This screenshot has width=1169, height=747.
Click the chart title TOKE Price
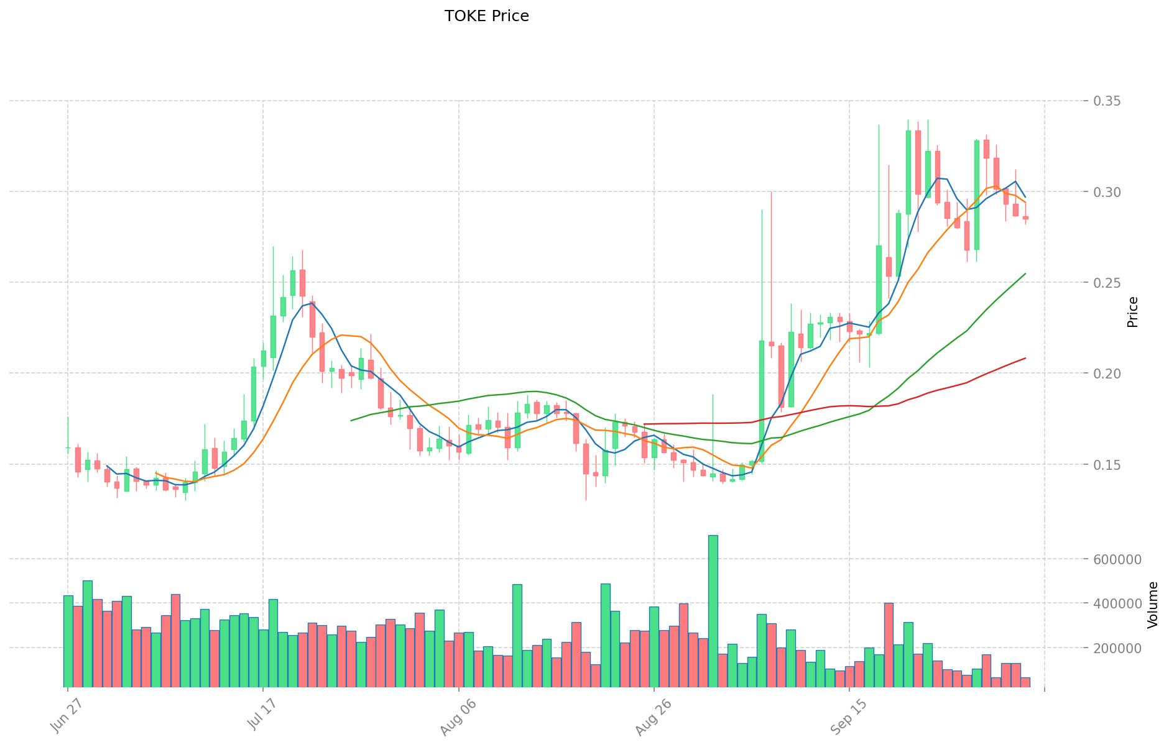(x=486, y=16)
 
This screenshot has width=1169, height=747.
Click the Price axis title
(x=1133, y=312)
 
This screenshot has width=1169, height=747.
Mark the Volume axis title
(x=1153, y=605)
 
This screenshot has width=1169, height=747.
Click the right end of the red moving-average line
(x=1025, y=358)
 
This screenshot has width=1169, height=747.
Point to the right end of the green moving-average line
(x=1025, y=273)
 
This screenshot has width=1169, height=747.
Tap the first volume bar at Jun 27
(x=68, y=641)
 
